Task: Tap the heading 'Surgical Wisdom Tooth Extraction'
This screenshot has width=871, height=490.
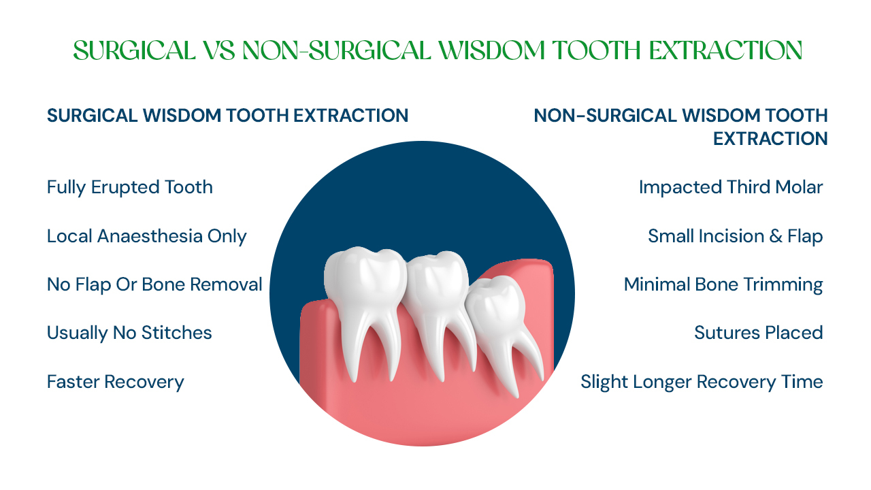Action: (x=227, y=116)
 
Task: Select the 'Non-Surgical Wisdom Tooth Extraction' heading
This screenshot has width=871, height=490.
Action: (x=680, y=127)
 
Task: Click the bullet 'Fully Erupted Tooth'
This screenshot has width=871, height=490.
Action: (x=130, y=187)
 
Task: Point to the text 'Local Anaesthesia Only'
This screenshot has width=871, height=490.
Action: (x=146, y=236)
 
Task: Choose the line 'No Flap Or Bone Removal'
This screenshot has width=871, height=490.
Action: (x=154, y=284)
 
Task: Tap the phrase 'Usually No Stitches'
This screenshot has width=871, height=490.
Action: (x=129, y=333)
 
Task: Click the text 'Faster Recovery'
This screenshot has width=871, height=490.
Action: (x=116, y=382)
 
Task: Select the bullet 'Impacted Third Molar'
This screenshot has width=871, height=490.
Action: (x=731, y=187)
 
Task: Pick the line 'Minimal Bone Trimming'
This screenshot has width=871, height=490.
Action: (x=723, y=284)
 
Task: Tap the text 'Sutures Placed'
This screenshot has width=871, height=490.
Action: (x=759, y=333)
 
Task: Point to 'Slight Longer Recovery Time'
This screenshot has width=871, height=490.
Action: (x=702, y=382)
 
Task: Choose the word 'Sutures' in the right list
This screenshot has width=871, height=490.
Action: (x=723, y=333)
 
